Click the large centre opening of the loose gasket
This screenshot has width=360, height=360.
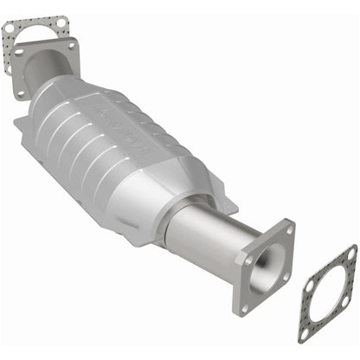tap(326, 293)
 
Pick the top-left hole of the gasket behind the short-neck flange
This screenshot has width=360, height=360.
tap(10, 29)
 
